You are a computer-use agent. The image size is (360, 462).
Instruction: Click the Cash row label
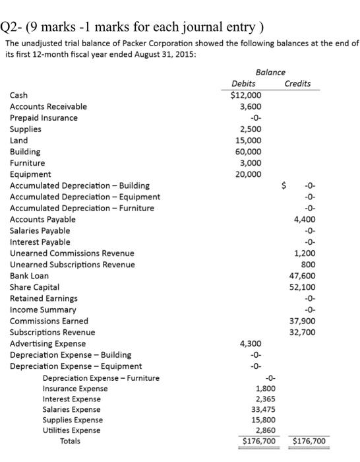click(18, 95)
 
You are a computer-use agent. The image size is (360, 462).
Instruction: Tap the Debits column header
click(244, 84)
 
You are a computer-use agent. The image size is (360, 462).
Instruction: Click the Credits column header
click(297, 84)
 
